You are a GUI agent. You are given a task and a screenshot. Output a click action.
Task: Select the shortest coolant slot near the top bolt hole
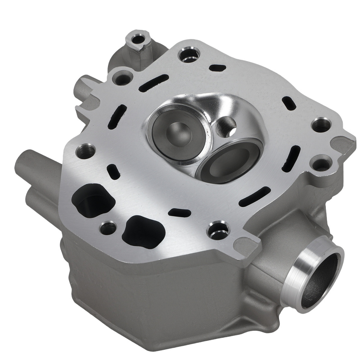tap(217, 68)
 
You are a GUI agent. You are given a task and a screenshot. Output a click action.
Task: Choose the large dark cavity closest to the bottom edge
tap(142, 230)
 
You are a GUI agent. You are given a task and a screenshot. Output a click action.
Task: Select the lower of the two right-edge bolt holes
tap(322, 163)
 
